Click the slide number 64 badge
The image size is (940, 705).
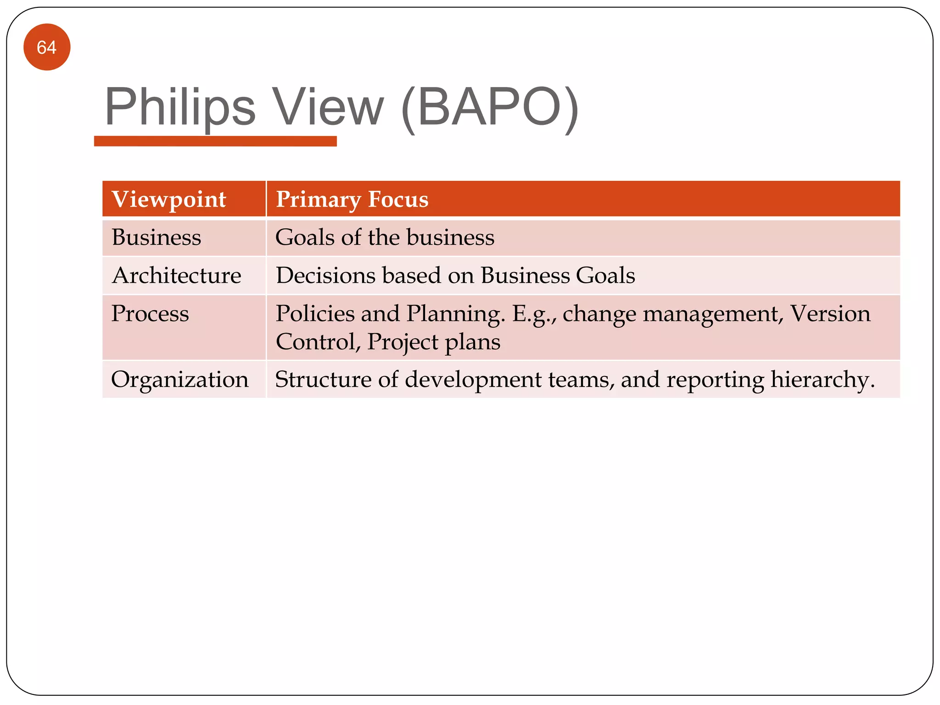coord(47,47)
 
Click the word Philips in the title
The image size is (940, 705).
coord(179,108)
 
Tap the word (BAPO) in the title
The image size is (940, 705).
coord(489,108)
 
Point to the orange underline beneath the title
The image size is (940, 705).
coord(215,141)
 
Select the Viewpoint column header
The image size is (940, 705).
coord(169,199)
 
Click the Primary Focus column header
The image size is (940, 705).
coord(352,199)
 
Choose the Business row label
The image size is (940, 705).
coord(157,238)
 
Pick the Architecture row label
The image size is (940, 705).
coord(176,276)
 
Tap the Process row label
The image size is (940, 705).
coord(150,314)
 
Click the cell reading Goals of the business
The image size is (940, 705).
coord(385,238)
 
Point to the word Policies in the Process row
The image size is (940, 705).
coord(315,314)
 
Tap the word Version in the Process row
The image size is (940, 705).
coord(830,314)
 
